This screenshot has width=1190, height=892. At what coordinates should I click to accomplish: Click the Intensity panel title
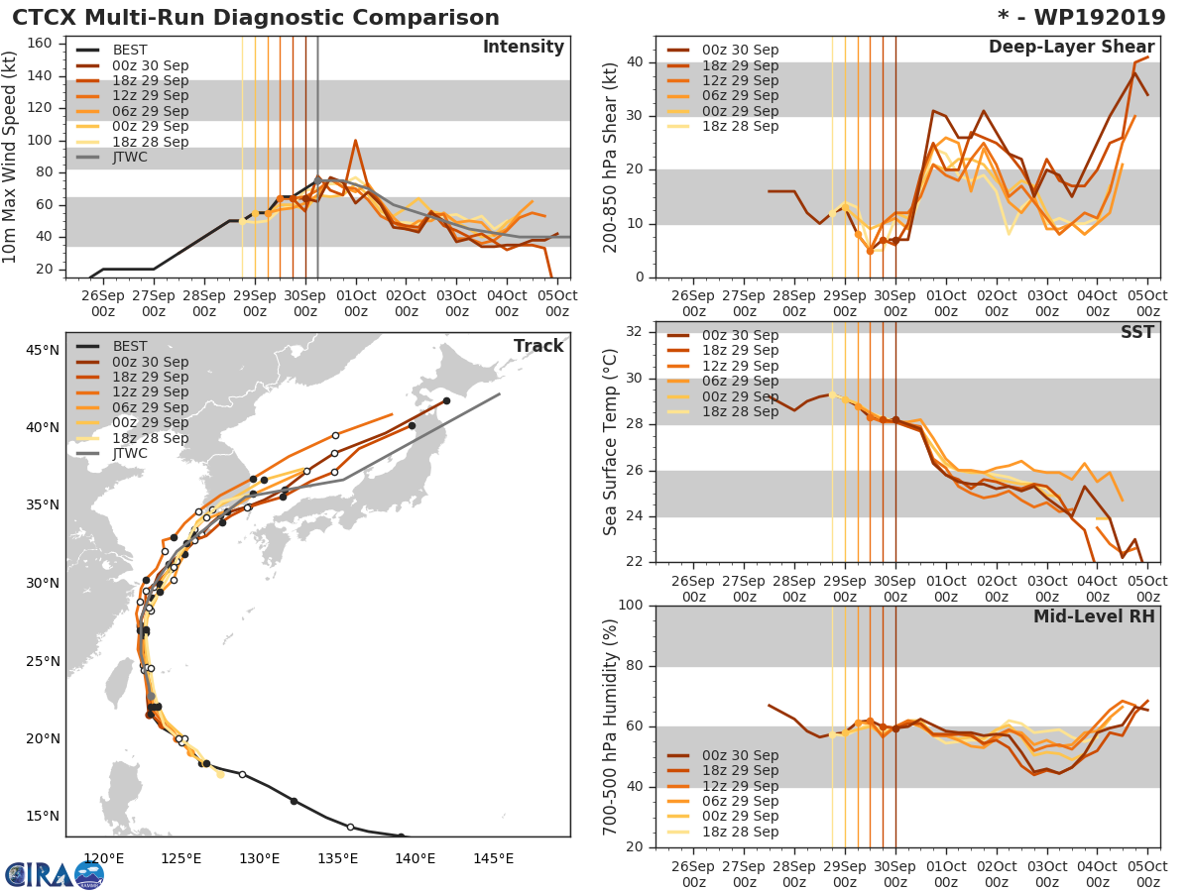[x=523, y=48]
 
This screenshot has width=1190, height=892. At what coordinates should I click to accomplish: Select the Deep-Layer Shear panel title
[x=1071, y=48]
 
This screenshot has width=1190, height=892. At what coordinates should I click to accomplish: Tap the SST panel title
[x=1137, y=333]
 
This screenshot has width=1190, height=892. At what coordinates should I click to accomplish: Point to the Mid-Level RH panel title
[x=1094, y=616]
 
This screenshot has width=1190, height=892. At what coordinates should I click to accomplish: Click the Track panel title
[x=538, y=346]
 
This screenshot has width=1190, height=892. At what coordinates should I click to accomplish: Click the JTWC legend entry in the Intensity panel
[x=136, y=157]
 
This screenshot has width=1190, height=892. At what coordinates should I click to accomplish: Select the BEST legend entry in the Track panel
[x=129, y=346]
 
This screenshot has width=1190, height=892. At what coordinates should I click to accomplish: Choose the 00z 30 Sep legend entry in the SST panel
[x=739, y=335]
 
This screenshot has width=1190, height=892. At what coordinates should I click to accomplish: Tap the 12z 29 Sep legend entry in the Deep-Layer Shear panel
[x=739, y=80]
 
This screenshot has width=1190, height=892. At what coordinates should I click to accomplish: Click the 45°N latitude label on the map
[x=42, y=350]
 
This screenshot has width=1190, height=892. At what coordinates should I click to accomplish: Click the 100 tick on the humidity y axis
[x=640, y=606]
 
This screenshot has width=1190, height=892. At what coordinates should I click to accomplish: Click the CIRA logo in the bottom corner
[x=55, y=875]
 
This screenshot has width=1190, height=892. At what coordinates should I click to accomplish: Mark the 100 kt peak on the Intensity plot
[x=355, y=140]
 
